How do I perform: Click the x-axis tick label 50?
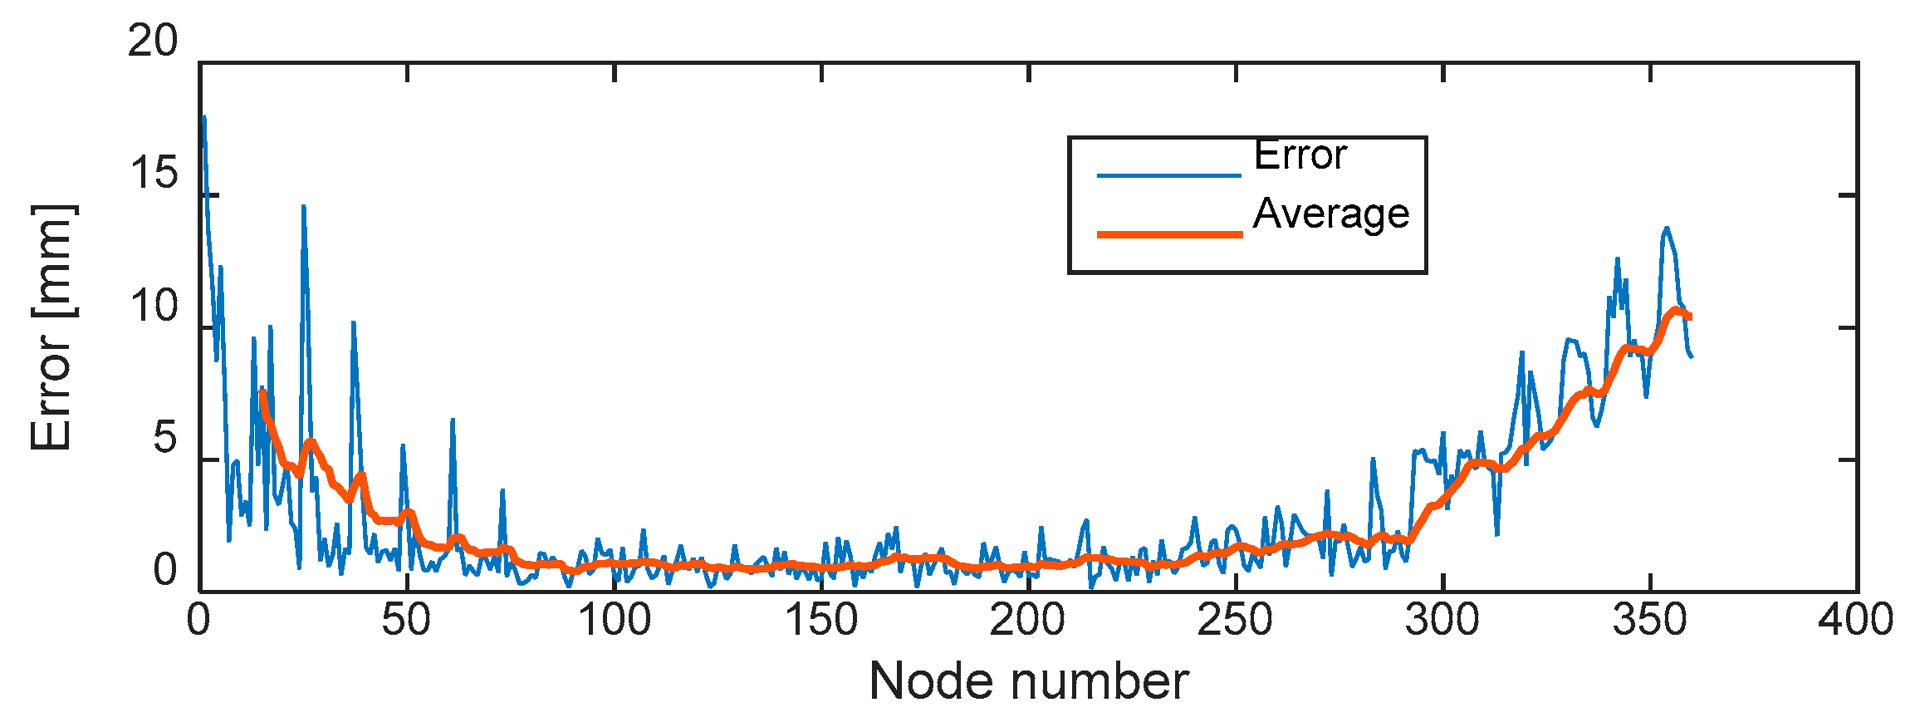point(406,621)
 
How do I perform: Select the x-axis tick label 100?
point(614,621)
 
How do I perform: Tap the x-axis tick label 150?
point(821,621)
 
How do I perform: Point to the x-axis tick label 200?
point(1028,621)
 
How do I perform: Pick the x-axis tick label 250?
point(1236,621)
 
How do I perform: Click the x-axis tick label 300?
point(1442,621)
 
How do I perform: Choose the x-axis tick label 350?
point(1650,621)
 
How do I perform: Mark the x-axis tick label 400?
point(1856,621)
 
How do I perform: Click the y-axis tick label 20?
point(153,41)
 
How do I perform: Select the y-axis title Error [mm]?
point(51,327)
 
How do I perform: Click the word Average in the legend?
point(1331,214)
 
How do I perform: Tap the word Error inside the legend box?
point(1300,155)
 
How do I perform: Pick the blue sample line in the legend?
point(1168,175)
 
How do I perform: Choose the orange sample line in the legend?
point(1168,234)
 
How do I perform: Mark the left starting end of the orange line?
point(262,392)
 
